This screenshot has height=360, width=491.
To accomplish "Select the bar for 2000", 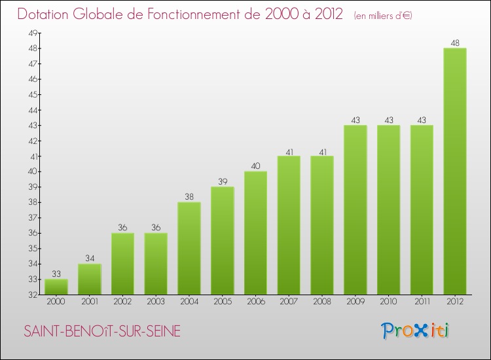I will pos(56,287).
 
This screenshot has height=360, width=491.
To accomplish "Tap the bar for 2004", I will pos(189,248).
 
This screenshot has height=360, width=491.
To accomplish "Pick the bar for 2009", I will pos(355,209).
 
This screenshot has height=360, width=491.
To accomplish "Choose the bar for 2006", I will pos(255,233).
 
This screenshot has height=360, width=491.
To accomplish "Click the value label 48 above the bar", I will pos(455,43).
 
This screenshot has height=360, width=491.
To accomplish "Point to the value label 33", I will pos(56,274).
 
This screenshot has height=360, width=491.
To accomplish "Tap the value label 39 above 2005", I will pos(222,182).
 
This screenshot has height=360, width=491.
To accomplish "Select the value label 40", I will pos(255,166).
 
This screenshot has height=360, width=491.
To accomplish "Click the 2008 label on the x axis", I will pos(322,302).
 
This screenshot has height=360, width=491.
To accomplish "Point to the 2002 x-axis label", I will pos(122,302).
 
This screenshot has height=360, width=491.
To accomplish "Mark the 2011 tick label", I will pos(422,302).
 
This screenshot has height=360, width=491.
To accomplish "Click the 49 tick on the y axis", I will pos(32,33).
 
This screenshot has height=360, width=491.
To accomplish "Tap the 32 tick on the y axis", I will pos(32,295).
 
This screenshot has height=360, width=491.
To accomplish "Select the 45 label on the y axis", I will pos(32,94).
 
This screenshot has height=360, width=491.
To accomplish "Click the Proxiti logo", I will pos(415,331).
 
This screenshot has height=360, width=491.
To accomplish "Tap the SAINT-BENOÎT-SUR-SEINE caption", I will pos(101,332).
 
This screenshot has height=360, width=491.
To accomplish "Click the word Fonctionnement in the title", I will pos(190,14).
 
